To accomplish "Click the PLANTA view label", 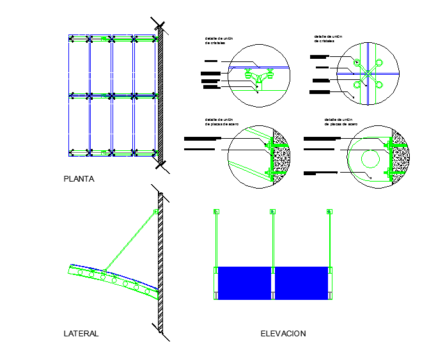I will (x=79, y=179).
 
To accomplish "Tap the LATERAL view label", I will (x=81, y=334).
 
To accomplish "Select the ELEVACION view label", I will (x=283, y=334).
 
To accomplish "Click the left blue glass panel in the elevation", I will (x=245, y=283).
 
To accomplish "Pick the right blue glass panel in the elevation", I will (x=301, y=283).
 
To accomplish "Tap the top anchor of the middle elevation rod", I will (x=272, y=211).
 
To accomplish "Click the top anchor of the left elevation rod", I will (x=215, y=211).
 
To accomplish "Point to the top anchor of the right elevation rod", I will (x=329, y=211).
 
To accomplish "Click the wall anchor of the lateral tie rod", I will (x=155, y=212).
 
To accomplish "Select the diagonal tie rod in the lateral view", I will (x=131, y=240).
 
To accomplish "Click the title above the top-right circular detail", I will (x=329, y=38).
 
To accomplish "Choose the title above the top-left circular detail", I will (x=219, y=41).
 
